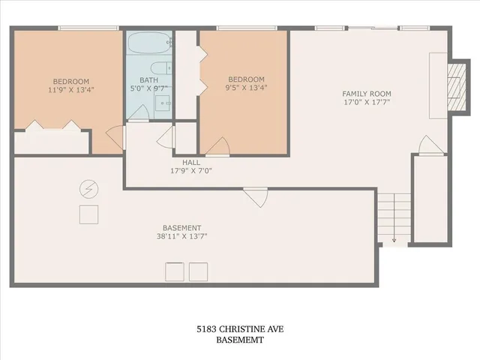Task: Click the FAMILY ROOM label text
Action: point(367,94)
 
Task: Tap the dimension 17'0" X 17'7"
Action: point(367,103)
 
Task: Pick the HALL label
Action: point(190,161)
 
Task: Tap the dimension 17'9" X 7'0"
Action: point(190,170)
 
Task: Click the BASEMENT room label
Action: point(181,228)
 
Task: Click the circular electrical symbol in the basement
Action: point(88,187)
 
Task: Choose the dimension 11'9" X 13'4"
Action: point(70,90)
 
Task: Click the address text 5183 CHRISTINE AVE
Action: point(240,329)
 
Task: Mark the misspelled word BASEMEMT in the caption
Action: point(240,340)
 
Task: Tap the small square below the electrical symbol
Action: point(88,214)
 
